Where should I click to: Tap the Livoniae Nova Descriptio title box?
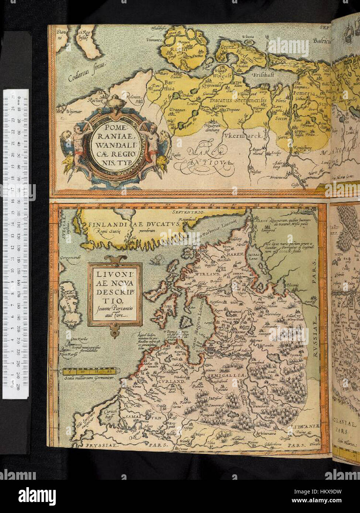point(114,294)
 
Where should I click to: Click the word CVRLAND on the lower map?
point(171,382)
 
